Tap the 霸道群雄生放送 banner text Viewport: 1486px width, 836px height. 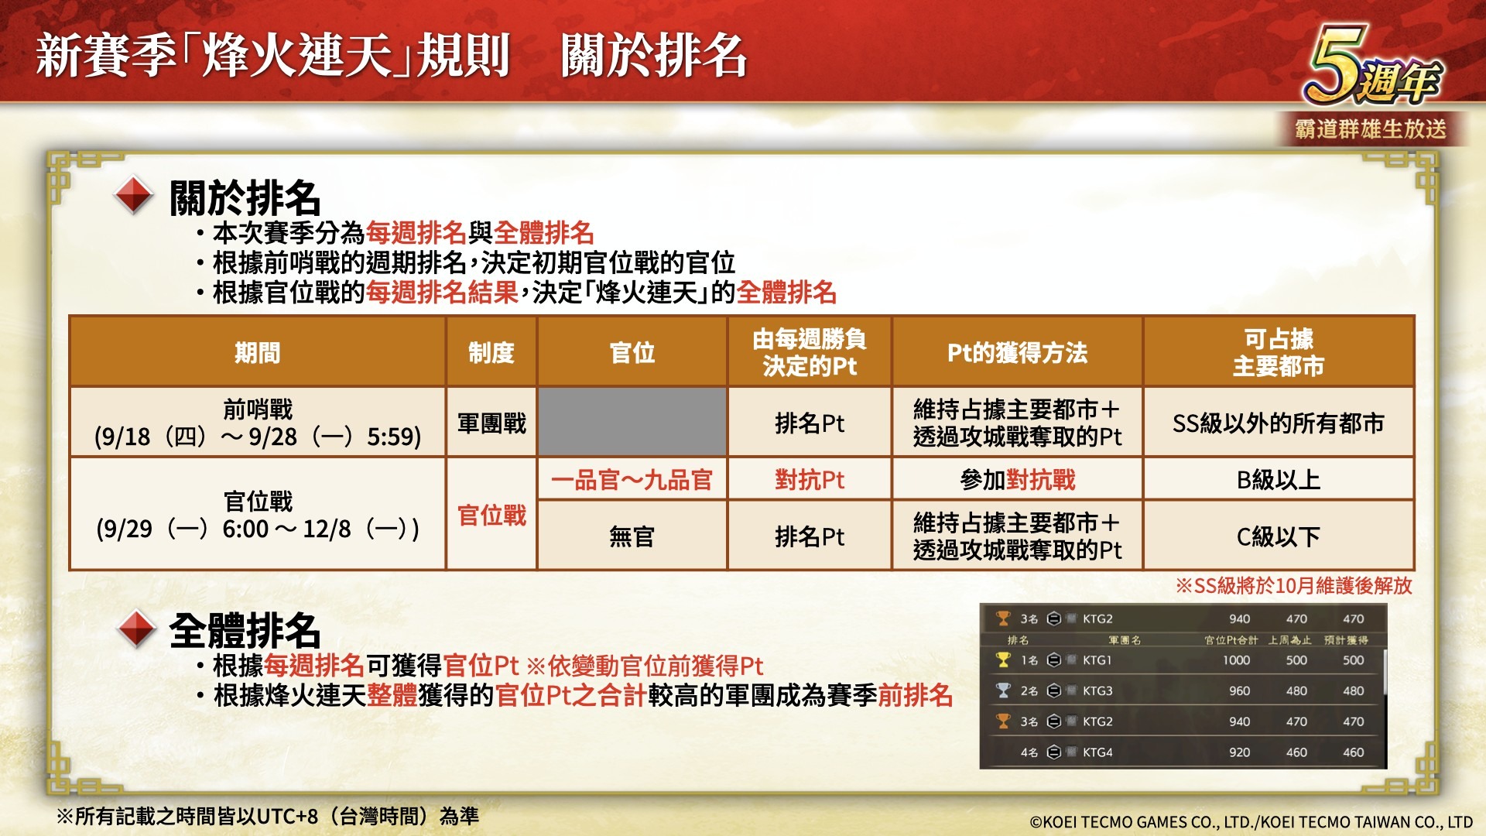click(1371, 128)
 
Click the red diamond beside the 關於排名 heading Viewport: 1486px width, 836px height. click(134, 196)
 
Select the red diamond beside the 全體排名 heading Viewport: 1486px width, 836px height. click(137, 629)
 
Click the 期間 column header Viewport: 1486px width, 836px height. click(258, 352)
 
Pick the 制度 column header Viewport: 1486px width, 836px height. click(491, 352)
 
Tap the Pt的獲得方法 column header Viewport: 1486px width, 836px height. click(1017, 352)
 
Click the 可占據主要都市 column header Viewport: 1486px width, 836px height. click(1279, 352)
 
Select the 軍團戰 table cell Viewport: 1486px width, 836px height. click(491, 423)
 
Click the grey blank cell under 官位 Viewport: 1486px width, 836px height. click(632, 422)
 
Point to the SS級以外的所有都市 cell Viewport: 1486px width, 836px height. click(1279, 423)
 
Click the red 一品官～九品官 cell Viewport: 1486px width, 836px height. click(632, 480)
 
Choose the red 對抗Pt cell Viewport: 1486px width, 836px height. click(810, 480)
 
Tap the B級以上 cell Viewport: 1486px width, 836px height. click(1279, 480)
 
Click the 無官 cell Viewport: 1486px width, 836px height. click(632, 536)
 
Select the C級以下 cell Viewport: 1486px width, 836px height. click(1279, 536)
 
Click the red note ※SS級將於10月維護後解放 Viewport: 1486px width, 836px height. click(1294, 585)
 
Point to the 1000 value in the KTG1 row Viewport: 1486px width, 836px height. click(1236, 660)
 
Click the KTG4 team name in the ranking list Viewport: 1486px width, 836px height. click(1097, 752)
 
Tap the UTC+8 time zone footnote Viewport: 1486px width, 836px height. click(268, 816)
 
